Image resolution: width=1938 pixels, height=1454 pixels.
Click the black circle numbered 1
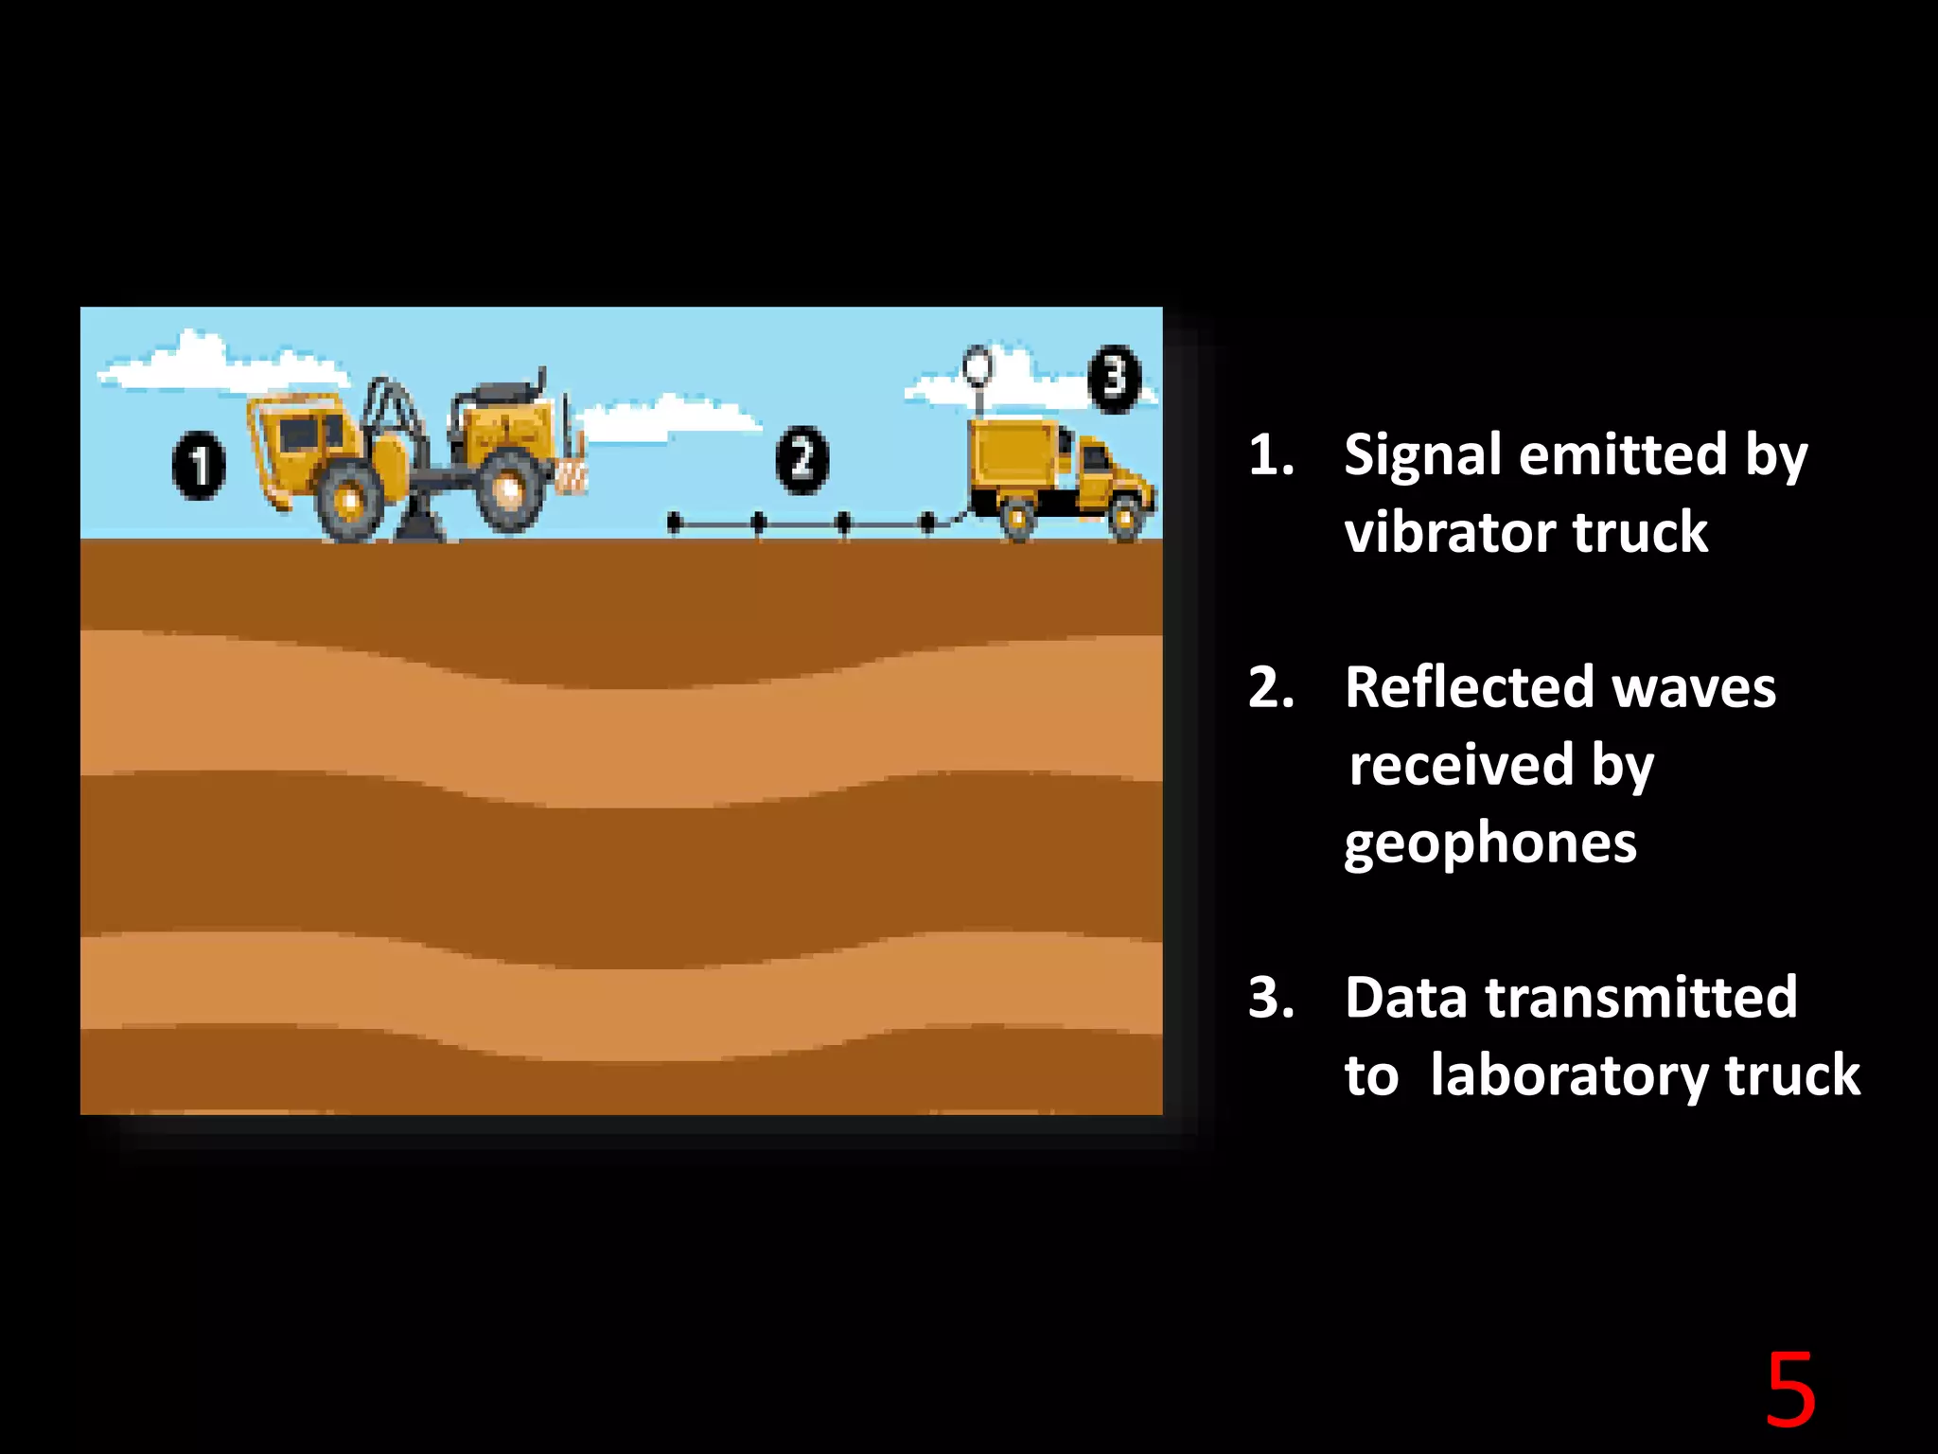[x=199, y=465]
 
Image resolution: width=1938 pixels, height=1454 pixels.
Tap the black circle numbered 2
[x=802, y=460]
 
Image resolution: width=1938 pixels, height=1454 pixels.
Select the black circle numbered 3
[x=1115, y=379]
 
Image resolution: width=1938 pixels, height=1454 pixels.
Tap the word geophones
[x=1490, y=842]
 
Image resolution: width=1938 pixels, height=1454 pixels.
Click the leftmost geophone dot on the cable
[x=675, y=522]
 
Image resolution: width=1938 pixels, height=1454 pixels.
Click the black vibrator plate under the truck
[x=420, y=526]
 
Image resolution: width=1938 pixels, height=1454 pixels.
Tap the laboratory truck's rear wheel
[x=1017, y=518]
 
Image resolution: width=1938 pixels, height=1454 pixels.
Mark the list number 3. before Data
[x=1271, y=998]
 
